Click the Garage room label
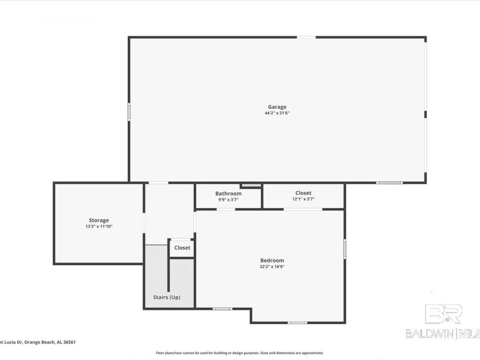tap(277, 107)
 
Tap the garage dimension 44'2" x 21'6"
tap(277, 113)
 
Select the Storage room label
tap(99, 220)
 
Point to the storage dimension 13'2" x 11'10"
tap(99, 227)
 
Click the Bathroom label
tap(228, 194)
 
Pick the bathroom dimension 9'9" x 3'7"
tap(228, 200)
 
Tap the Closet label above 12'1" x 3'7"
tap(303, 193)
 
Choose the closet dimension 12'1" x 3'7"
tap(303, 199)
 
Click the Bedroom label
tap(271, 260)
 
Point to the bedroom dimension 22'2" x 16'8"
tap(271, 267)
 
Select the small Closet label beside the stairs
tap(182, 248)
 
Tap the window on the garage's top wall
tap(306, 37)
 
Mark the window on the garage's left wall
tap(129, 112)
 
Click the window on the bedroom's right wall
tap(345, 249)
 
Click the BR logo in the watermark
tap(443, 314)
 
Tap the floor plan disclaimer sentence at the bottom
tap(239, 353)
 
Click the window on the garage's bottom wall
tap(389, 183)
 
